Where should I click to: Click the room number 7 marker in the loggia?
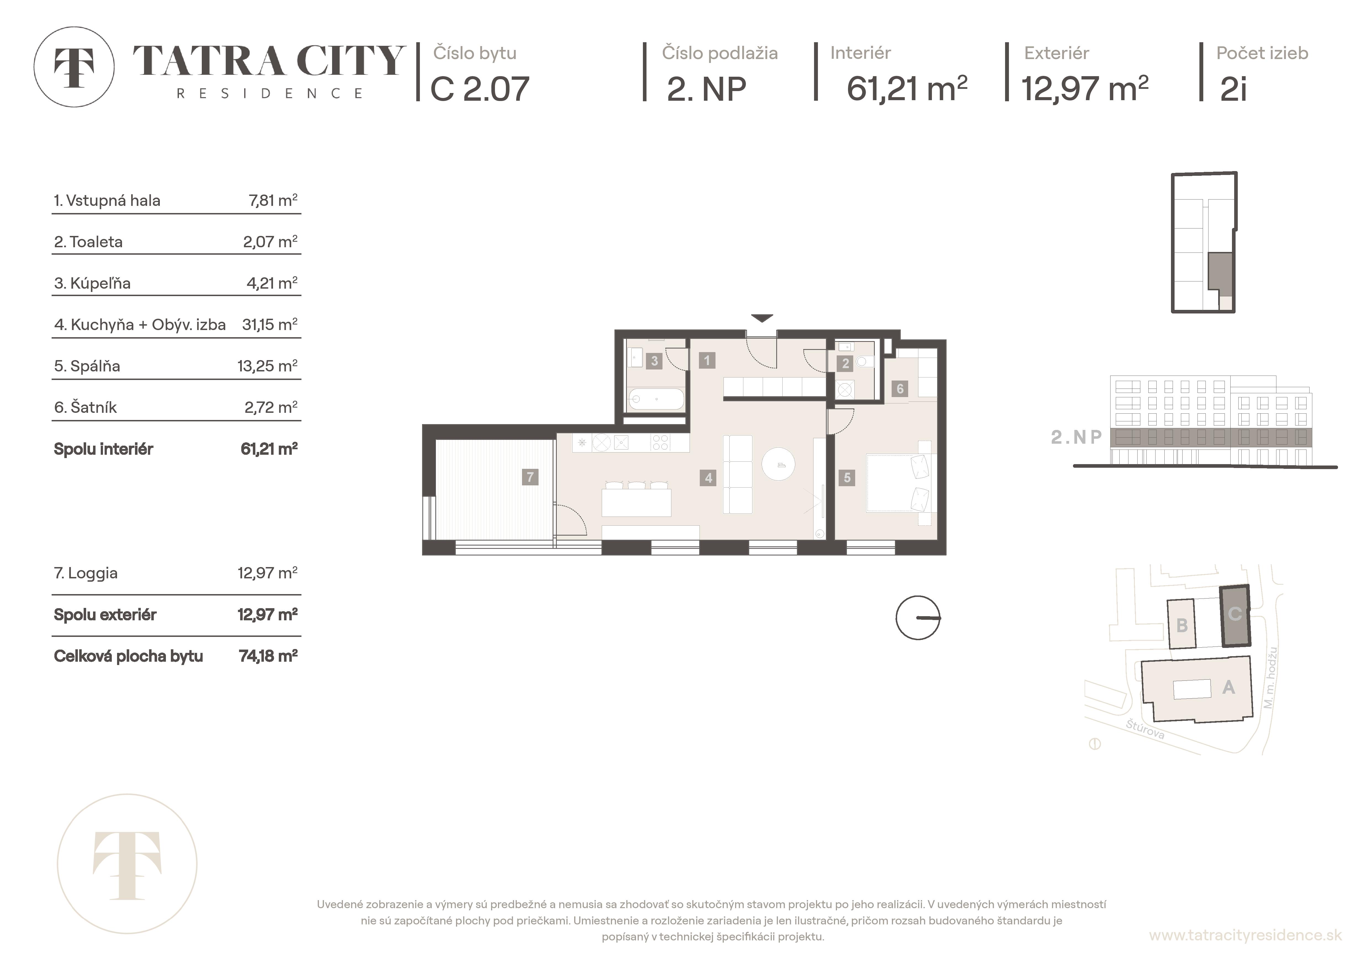click(530, 477)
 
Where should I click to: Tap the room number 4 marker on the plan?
click(708, 478)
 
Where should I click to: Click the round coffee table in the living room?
click(779, 465)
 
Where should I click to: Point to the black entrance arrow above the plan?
click(762, 318)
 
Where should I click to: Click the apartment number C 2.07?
click(480, 89)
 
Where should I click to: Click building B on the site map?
click(1181, 624)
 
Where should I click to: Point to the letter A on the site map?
click(1229, 688)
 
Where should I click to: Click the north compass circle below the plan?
click(918, 618)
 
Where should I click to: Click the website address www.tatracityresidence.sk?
click(1245, 935)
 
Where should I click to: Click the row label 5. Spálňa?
click(87, 366)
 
